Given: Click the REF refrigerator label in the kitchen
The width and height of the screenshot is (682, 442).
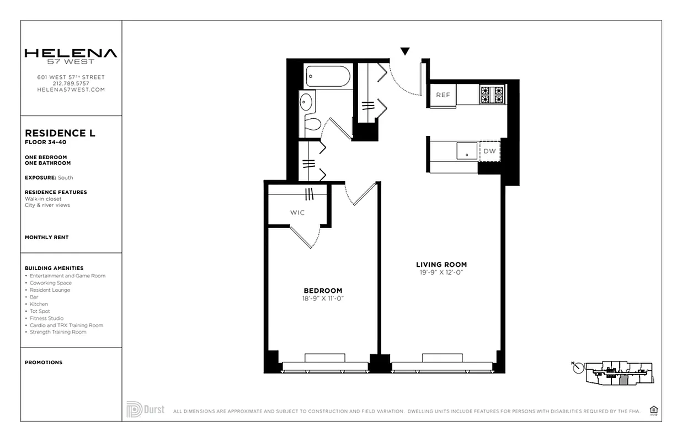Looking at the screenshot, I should (x=443, y=95).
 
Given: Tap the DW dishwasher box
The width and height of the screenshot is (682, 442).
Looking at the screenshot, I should (x=490, y=151).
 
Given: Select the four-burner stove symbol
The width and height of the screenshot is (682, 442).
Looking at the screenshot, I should (x=492, y=95).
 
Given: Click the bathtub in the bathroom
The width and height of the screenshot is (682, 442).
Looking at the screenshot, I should (x=328, y=76).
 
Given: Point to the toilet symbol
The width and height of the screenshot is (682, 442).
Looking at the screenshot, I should (x=313, y=123).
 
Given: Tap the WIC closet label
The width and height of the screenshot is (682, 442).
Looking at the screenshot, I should (x=297, y=213).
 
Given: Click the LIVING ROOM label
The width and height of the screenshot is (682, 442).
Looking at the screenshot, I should (x=441, y=265).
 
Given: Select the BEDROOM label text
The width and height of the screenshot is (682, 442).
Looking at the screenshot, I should (x=323, y=291).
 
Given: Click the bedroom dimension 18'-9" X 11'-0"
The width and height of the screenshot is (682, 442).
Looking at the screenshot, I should (x=323, y=298).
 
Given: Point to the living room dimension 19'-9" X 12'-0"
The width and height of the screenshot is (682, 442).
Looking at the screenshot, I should (x=441, y=272).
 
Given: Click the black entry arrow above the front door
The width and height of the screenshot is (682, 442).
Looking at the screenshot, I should (x=405, y=51).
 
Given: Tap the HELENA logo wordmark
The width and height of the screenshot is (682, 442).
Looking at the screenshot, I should (x=71, y=54).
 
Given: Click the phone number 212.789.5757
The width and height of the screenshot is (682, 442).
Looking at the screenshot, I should (x=71, y=83).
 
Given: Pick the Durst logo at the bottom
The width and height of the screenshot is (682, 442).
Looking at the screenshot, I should (x=146, y=409).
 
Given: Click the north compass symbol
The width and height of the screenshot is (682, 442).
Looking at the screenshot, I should (x=578, y=367).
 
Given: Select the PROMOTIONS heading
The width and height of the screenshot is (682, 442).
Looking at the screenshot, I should (x=44, y=362).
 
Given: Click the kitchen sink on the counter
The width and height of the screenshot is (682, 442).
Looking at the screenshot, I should (x=467, y=150).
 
